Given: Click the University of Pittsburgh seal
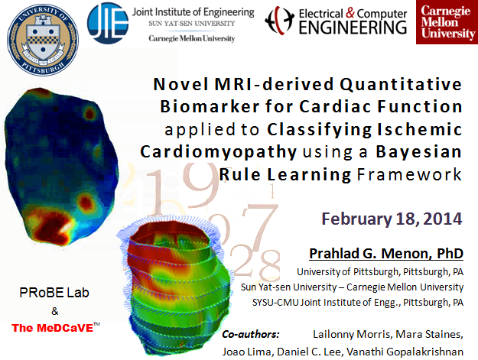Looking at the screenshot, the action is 43,40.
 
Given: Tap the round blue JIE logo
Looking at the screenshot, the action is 108,23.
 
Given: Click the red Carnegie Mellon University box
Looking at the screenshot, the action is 447,22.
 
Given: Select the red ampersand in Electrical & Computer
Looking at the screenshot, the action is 350,13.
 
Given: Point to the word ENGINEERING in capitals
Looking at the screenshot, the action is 353,28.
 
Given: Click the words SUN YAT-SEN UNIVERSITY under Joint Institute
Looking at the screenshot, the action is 192,24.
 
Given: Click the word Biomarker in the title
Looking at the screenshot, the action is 210,106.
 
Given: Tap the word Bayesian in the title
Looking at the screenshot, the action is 419,151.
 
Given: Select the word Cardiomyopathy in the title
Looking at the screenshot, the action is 219,152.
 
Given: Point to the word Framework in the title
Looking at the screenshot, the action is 409,174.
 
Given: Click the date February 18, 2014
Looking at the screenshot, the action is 392,219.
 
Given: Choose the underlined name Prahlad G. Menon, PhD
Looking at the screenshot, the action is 386,254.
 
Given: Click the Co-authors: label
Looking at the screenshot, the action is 251,335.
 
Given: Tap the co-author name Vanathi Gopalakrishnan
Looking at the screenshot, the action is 405,352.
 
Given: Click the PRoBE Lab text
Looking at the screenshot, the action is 54,293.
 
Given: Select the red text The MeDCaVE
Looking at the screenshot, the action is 56,328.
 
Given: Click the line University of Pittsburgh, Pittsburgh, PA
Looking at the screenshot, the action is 380,271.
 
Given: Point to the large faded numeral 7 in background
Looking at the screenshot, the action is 259,226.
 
